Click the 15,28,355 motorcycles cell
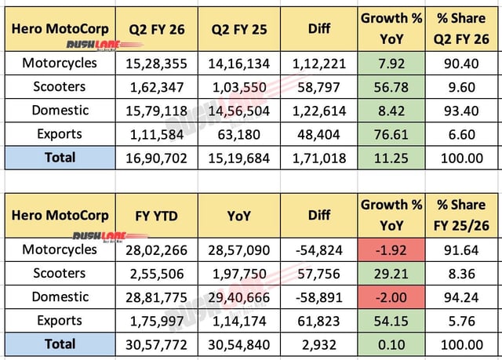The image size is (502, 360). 151,64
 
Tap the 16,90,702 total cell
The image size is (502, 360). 151,158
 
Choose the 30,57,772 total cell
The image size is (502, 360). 151,344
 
